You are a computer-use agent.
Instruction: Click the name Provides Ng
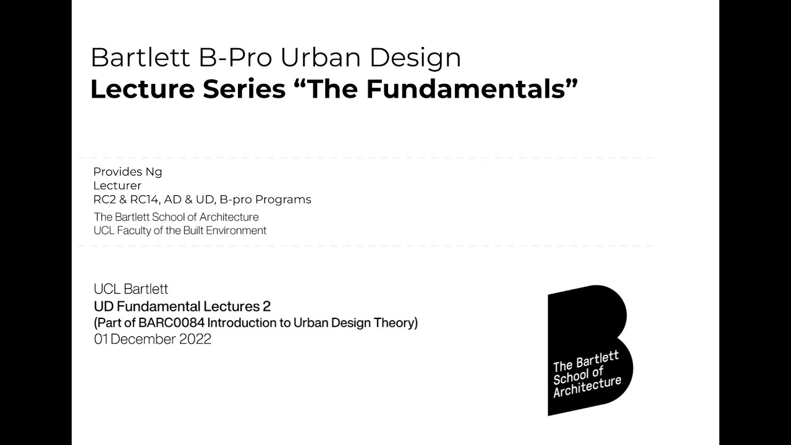coord(127,172)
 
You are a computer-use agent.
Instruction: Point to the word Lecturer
coord(117,185)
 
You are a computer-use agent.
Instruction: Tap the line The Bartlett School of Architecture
coord(176,217)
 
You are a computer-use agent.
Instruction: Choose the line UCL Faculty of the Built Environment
coord(180,231)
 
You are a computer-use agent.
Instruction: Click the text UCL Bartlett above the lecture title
coord(131,289)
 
